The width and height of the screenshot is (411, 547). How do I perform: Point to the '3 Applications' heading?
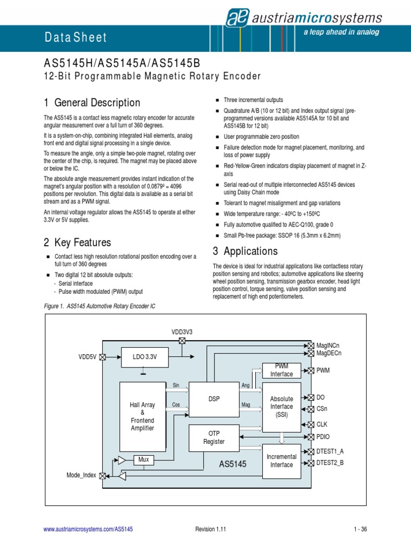pos(245,251)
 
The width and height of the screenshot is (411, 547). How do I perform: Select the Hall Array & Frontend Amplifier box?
pos(142,417)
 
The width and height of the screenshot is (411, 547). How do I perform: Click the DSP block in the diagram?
pos(214,399)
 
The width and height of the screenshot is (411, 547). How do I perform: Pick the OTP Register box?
pos(214,437)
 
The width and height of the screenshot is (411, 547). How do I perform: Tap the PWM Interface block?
pos(281,370)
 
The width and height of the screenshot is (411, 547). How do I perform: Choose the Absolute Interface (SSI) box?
pos(281,407)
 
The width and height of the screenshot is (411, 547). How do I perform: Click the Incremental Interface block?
pos(281,460)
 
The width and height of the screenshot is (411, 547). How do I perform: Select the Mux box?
pos(143,459)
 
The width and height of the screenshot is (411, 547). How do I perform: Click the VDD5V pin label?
pos(87,357)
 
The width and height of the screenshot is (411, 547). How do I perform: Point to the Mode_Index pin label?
pos(81,475)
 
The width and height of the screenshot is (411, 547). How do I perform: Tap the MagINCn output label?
pos(328,346)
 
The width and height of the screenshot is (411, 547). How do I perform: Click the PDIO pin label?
pos(324,436)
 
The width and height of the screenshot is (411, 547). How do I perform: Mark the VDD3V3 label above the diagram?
pos(181,332)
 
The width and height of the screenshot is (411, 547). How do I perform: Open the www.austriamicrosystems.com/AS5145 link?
pos(88,529)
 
